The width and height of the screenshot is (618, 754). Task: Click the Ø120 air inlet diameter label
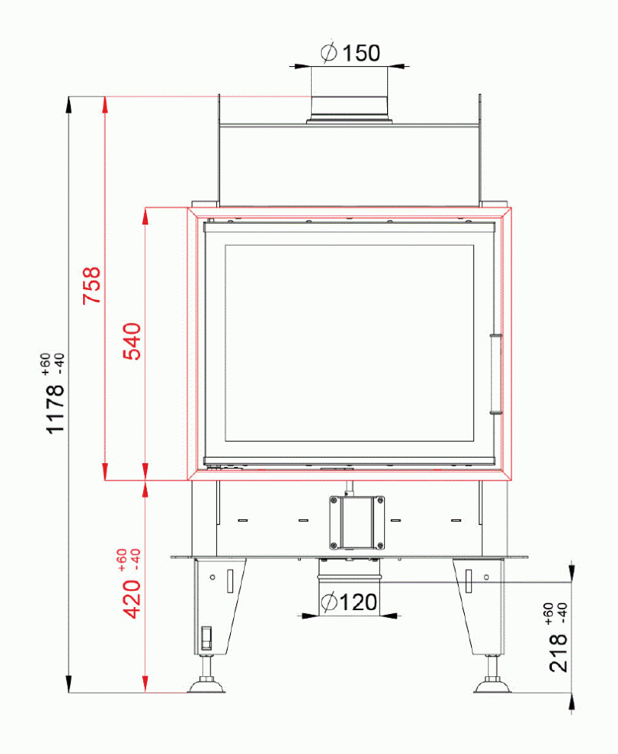coord(348,602)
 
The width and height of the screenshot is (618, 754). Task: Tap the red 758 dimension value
coord(92,285)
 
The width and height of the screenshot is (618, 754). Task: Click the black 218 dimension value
coord(559,652)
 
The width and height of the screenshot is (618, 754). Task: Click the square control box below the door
coord(356,522)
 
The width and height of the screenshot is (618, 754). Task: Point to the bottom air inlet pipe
coord(348,576)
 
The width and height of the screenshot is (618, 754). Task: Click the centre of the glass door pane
coord(349,343)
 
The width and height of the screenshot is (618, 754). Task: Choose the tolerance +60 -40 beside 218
coord(555,613)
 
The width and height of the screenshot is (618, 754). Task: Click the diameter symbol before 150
coord(328,53)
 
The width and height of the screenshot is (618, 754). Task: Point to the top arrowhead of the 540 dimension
coord(145,215)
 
